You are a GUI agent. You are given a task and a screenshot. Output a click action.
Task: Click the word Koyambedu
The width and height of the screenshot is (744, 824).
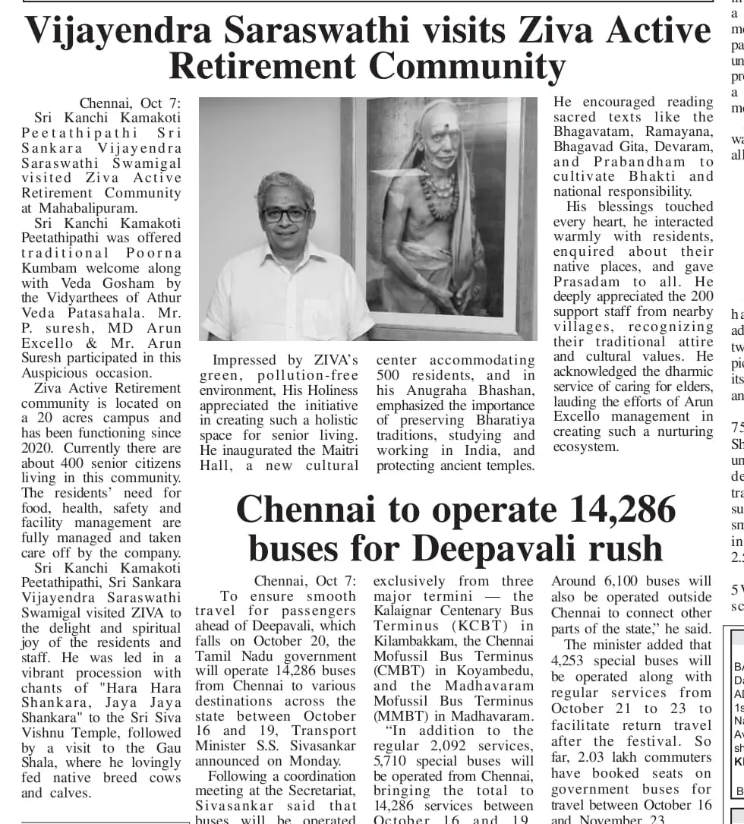click(x=494, y=671)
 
